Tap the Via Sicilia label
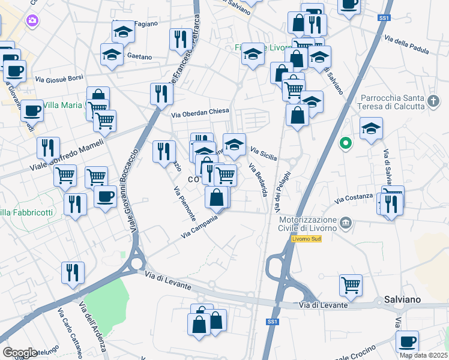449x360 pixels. click(264, 154)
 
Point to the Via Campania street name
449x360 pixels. click(200, 226)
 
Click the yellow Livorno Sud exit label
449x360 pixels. click(307, 239)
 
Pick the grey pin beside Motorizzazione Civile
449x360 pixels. click(345, 223)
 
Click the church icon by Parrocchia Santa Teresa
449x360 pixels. click(435, 101)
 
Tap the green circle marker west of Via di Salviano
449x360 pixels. click(345, 143)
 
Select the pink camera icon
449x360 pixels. click(32, 21)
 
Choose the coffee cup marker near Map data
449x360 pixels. click(407, 341)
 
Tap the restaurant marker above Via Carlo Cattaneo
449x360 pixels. click(73, 272)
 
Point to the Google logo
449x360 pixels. click(20, 352)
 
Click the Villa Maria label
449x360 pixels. click(62, 106)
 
